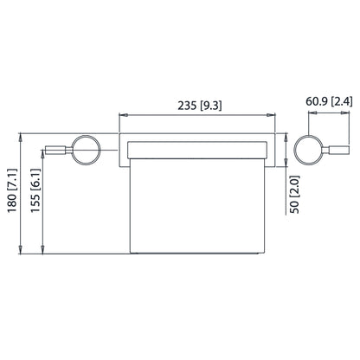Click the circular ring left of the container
[x=87, y=151]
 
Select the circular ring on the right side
[x=306, y=151]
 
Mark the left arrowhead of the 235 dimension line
[x=121, y=115]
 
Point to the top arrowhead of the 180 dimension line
[x=21, y=136]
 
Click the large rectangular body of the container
[x=196, y=208]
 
